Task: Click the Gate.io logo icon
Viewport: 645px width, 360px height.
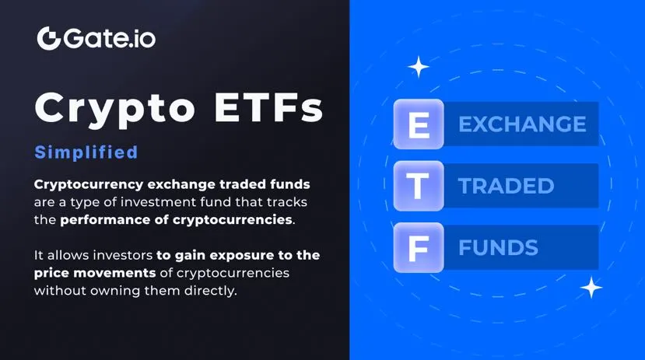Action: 49,39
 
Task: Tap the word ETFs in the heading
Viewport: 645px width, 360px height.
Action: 268,107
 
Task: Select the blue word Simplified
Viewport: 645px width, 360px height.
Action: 86,152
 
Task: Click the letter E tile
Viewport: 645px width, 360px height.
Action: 419,124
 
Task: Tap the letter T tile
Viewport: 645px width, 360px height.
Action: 419,186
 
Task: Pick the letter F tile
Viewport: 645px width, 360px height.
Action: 419,247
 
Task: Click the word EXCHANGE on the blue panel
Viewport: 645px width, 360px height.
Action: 522,124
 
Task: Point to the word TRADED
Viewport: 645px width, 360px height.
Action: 507,186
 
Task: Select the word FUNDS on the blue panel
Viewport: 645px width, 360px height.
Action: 499,247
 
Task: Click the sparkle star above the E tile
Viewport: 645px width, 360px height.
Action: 419,67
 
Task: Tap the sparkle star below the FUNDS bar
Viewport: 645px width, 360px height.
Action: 591,287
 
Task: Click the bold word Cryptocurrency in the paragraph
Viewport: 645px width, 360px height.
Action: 89,184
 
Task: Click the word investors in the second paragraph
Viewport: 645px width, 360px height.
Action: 123,255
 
